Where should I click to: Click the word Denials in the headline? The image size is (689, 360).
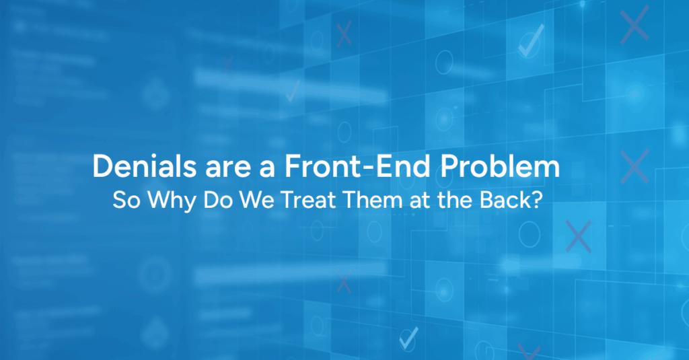click(x=145, y=166)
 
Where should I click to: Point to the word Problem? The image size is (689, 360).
click(x=500, y=166)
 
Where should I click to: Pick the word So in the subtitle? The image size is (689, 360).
click(x=126, y=200)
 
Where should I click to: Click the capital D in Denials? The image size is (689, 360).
click(x=103, y=166)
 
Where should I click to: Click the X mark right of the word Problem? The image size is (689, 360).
click(x=634, y=166)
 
